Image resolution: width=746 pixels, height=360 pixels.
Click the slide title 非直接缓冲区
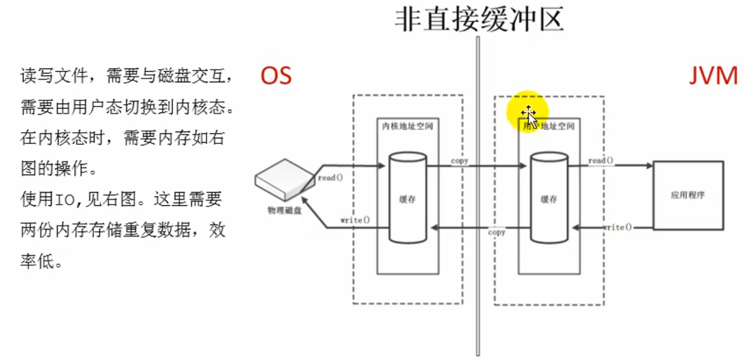tap(479, 20)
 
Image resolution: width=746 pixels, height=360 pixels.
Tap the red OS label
tap(276, 76)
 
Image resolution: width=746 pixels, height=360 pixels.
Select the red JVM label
tap(714, 76)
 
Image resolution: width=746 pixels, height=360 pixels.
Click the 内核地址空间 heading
tap(407, 126)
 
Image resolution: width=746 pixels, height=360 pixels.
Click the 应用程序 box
tap(688, 195)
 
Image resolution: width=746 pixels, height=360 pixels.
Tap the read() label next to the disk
tap(330, 178)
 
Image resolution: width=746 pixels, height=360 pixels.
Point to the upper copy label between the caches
tap(460, 161)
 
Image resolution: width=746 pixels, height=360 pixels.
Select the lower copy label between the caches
tap(496, 232)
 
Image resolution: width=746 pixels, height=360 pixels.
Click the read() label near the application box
tap(601, 161)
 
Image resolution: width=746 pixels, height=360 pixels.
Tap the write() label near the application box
tap(617, 227)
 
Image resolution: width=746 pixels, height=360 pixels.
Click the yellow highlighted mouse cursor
tap(528, 115)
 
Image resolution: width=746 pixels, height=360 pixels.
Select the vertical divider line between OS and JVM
tap(477, 190)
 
